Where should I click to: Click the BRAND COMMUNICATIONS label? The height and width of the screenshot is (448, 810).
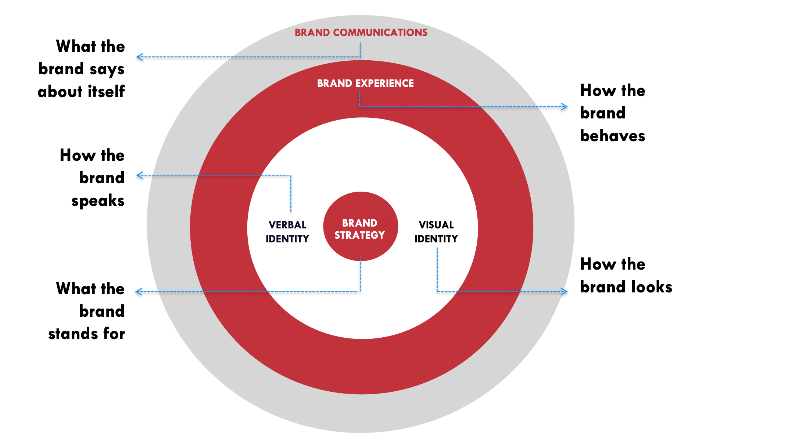361,33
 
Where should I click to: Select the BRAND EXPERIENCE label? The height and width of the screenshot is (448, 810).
365,83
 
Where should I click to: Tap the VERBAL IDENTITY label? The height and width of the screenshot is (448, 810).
287,232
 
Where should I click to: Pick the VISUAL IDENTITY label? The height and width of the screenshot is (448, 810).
436,232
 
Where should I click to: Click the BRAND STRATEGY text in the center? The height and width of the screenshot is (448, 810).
360,229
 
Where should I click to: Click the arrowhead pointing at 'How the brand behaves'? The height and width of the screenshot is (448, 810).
565,107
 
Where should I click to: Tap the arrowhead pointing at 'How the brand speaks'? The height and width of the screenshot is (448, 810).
139,175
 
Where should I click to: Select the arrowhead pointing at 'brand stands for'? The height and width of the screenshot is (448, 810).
139,292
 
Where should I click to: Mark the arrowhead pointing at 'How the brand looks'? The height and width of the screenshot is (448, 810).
565,292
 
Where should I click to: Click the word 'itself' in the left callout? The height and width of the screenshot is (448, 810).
106,91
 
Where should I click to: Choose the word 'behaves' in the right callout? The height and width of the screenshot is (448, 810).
613,136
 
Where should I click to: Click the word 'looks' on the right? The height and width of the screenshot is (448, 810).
652,287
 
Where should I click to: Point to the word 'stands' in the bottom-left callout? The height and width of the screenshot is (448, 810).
73,334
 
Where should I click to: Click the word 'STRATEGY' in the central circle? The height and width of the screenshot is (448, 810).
360,235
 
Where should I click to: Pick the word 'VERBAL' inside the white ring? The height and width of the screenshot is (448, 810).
287,225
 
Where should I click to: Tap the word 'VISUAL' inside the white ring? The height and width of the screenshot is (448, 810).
436,225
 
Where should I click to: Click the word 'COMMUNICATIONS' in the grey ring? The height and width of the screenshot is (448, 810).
380,33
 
